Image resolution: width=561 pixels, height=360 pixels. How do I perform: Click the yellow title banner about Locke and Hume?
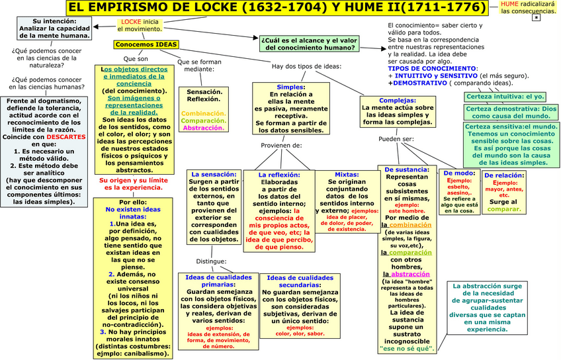click(280, 9)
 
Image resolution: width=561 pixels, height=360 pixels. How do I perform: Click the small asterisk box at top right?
click(536, 19)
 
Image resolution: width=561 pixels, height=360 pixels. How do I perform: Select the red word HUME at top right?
click(509, 4)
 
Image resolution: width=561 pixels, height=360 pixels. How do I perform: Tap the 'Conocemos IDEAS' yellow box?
click(146, 45)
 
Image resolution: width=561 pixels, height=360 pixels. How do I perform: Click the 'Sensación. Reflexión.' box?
click(203, 95)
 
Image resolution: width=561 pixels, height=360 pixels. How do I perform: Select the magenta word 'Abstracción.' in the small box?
click(203, 128)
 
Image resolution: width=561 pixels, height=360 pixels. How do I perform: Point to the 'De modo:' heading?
click(458, 173)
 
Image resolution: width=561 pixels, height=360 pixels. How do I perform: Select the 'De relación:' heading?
click(505, 175)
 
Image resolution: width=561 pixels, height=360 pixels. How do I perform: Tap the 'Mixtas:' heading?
click(346, 175)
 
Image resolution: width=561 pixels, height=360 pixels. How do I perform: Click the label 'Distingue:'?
click(212, 261)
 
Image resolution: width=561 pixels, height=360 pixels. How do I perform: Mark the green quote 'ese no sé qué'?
click(407, 347)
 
